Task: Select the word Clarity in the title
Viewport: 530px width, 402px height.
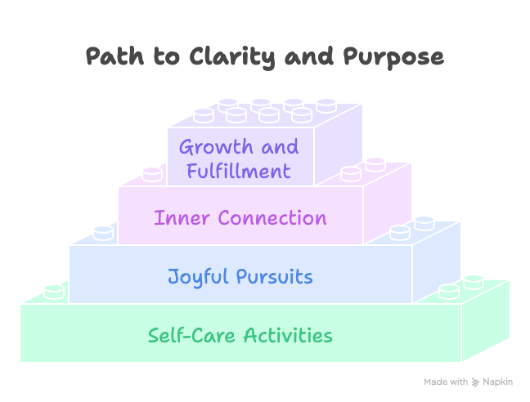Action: click(x=217, y=57)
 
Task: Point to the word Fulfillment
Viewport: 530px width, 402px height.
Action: click(x=239, y=171)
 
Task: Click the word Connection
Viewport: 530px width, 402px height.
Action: click(x=269, y=218)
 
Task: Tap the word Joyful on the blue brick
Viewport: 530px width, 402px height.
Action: click(x=197, y=276)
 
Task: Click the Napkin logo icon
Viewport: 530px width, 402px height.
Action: click(x=476, y=382)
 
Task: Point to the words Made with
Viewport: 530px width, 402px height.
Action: click(x=446, y=382)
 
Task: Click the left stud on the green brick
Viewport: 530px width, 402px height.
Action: click(x=55, y=291)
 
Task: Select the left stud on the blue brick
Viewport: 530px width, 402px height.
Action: click(x=103, y=232)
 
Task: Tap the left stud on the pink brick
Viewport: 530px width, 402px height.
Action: click(x=152, y=173)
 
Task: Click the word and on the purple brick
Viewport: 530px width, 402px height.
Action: click(x=278, y=148)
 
